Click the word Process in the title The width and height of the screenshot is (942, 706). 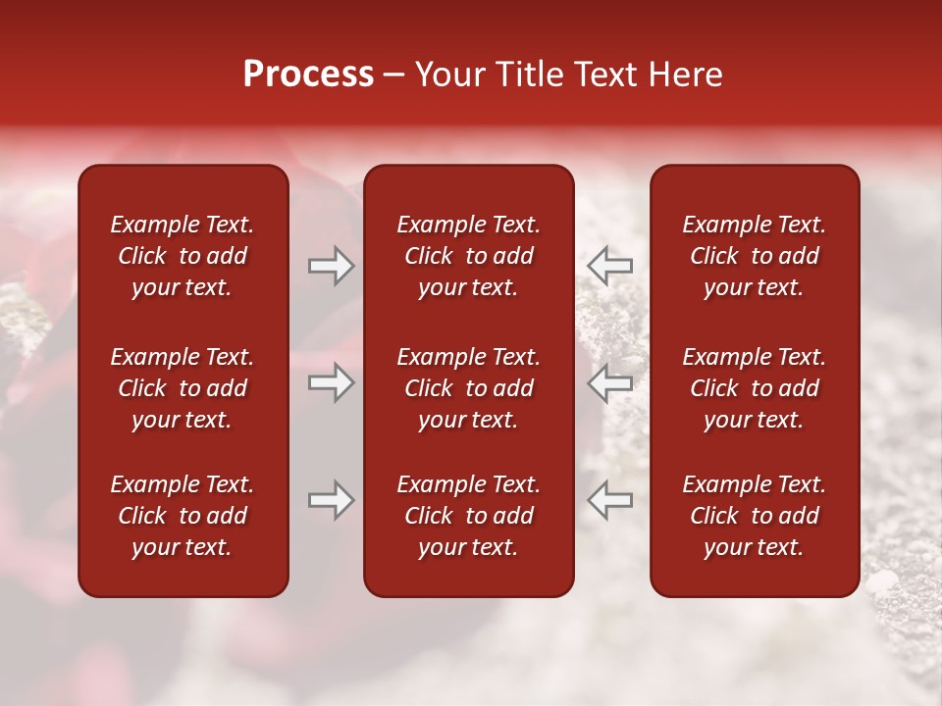click(x=308, y=75)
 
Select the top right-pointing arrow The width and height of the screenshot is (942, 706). click(x=332, y=266)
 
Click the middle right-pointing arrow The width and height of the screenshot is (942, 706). click(x=332, y=382)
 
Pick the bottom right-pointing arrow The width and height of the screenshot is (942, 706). click(x=332, y=501)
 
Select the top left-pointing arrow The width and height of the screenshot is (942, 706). click(x=609, y=266)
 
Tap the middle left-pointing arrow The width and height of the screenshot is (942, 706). click(x=609, y=382)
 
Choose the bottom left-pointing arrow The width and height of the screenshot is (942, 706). click(x=609, y=501)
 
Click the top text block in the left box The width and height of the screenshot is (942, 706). click(x=183, y=256)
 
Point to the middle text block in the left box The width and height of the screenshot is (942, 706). click(x=183, y=388)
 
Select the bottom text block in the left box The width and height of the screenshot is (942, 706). click(x=183, y=516)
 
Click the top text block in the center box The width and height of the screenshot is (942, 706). click(x=468, y=256)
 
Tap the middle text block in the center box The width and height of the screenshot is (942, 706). click(x=468, y=388)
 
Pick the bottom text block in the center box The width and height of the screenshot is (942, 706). click(x=468, y=516)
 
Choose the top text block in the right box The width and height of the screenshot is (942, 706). click(x=754, y=256)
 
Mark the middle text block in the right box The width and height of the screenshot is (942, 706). click(x=754, y=388)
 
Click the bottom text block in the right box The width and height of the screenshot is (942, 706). click(x=754, y=516)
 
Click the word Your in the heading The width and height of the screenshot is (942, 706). click(x=450, y=75)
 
